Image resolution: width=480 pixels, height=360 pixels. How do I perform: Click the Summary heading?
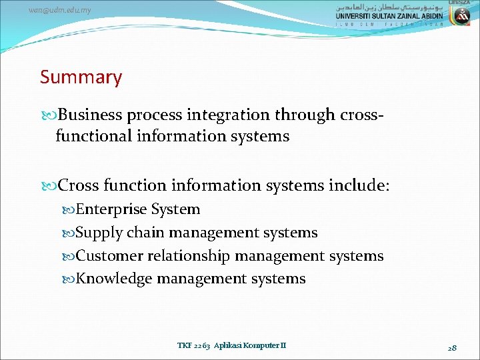tap(81, 77)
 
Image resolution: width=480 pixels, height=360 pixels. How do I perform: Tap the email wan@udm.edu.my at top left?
tap(60, 10)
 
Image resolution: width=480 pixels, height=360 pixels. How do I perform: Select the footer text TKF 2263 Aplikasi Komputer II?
tap(231, 345)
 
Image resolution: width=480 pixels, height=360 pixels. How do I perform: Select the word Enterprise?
tap(111, 209)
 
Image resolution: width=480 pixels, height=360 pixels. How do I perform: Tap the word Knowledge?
tap(114, 279)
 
